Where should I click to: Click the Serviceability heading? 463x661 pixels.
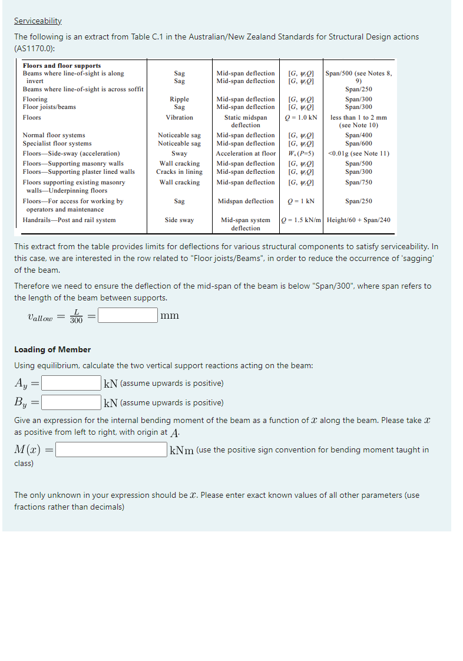(38, 21)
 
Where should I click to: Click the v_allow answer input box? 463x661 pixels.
(128, 316)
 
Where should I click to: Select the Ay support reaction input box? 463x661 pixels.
(71, 384)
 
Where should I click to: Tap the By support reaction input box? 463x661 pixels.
(71, 403)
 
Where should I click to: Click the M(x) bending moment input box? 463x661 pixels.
(111, 450)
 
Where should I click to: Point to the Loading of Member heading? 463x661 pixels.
(52, 349)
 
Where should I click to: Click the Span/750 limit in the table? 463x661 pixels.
(358, 183)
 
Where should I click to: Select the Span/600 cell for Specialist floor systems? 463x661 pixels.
(358, 144)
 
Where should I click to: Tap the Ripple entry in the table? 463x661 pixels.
(179, 100)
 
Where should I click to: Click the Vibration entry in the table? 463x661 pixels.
(179, 118)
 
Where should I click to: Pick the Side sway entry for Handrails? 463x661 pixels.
(179, 220)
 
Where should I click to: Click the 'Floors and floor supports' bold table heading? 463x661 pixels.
(61, 65)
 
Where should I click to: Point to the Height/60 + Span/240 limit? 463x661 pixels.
(358, 220)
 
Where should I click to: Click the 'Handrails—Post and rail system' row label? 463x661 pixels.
(69, 220)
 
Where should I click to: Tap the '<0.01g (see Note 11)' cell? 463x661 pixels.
(358, 154)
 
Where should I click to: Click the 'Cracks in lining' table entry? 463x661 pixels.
(179, 172)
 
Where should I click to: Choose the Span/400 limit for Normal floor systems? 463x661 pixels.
(358, 135)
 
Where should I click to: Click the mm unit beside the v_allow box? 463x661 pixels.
(170, 316)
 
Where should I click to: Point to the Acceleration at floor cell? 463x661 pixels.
(246, 154)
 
